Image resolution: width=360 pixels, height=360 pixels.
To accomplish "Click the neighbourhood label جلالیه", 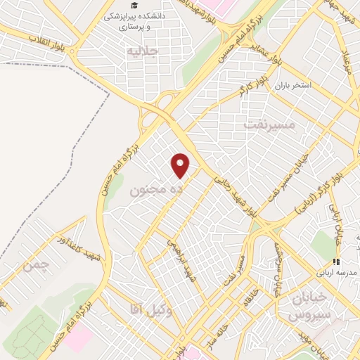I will [x=138, y=51].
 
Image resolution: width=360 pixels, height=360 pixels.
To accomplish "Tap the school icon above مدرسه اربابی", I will [x=336, y=262].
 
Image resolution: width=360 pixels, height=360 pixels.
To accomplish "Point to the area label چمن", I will [x=37, y=266].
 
